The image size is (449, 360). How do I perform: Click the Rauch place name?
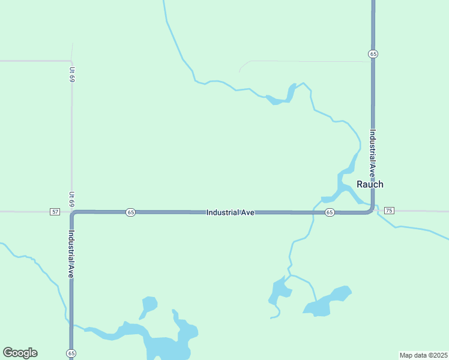pyautogui.click(x=370, y=184)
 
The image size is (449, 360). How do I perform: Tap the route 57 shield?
pyautogui.click(x=55, y=212)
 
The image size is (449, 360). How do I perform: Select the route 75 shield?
pyautogui.click(x=389, y=210)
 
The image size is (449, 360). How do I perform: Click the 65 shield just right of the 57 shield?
pyautogui.click(x=131, y=212)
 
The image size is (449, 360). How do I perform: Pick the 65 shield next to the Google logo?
pyautogui.click(x=71, y=353)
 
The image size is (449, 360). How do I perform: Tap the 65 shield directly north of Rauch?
pyautogui.click(x=373, y=54)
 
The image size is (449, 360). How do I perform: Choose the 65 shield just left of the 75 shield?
pyautogui.click(x=330, y=212)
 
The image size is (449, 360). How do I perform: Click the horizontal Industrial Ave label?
pyautogui.click(x=231, y=212)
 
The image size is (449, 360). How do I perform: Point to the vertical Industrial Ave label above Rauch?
pyautogui.click(x=373, y=154)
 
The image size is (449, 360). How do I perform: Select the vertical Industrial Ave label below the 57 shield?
pyautogui.click(x=71, y=254)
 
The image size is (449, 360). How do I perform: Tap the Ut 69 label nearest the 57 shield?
pyautogui.click(x=71, y=199)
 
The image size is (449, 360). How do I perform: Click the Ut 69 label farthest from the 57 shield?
pyautogui.click(x=71, y=74)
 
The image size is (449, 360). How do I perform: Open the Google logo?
pyautogui.click(x=20, y=353)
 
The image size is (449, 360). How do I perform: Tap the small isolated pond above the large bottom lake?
pyautogui.click(x=149, y=304)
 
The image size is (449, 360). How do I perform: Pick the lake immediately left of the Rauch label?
pyautogui.click(x=343, y=186)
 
